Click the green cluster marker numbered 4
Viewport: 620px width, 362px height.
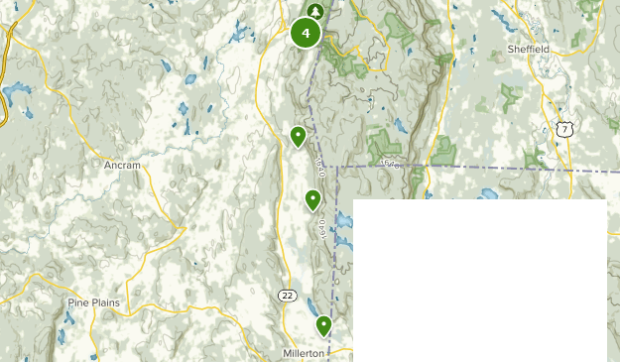tap(306, 34)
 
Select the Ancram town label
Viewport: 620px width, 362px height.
tap(123, 166)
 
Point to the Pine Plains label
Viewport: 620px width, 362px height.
tap(93, 302)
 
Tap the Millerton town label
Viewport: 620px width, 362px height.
tap(303, 353)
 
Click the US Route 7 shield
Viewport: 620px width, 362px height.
tap(564, 130)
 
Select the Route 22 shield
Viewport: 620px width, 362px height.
tap(287, 296)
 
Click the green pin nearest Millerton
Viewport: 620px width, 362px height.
tap(323, 325)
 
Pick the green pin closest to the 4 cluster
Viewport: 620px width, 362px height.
tap(298, 136)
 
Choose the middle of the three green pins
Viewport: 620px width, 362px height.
tap(313, 200)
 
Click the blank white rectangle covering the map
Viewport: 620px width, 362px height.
tap(480, 281)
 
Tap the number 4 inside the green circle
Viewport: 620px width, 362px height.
tap(306, 34)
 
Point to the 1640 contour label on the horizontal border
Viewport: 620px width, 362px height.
tap(389, 165)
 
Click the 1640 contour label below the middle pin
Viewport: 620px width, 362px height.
tap(321, 228)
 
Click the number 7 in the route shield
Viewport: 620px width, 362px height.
tap(564, 131)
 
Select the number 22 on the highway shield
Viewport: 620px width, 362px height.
tap(287, 296)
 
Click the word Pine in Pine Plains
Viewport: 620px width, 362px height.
tap(77, 302)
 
